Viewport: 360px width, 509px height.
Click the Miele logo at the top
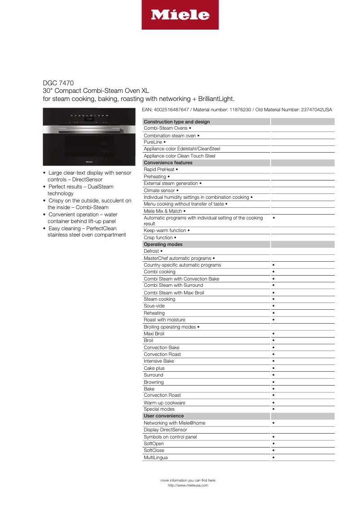tap(180, 15)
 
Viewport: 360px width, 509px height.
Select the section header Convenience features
tap(168, 163)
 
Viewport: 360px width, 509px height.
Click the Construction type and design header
tap(176, 122)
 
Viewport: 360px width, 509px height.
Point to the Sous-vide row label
tap(154, 306)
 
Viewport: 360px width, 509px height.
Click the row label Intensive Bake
tap(159, 361)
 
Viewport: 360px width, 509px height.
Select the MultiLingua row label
tap(155, 458)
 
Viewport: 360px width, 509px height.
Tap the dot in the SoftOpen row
tap(273, 444)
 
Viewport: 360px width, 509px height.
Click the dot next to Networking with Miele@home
tap(273, 423)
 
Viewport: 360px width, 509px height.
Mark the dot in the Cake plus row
tap(273, 368)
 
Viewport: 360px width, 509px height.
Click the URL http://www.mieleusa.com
tap(188, 485)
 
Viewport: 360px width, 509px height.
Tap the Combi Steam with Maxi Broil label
tap(174, 293)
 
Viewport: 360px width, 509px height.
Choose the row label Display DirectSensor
tap(165, 430)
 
